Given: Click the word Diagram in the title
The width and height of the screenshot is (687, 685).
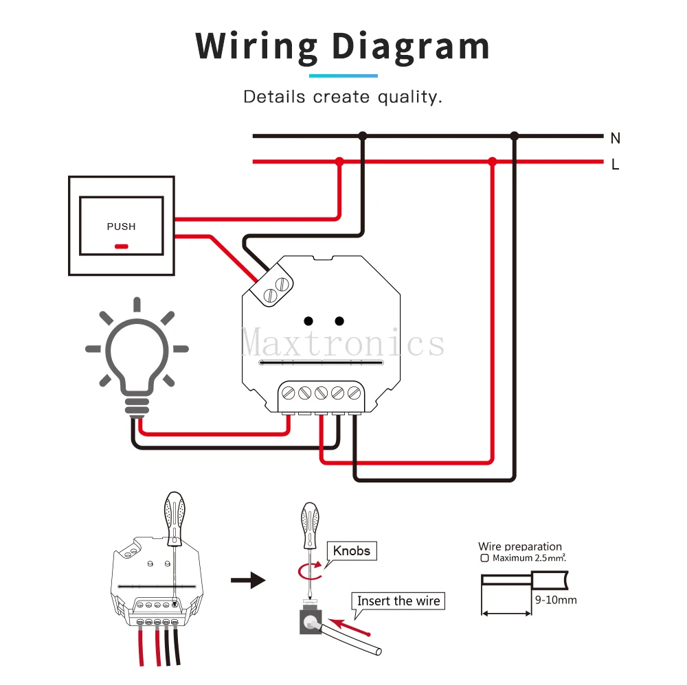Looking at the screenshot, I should pos(411,47).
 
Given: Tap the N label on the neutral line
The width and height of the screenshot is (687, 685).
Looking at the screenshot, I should pos(615,138).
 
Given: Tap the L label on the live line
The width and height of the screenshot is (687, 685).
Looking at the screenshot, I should pos(615,165).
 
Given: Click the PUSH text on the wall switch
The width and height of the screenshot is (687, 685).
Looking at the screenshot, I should pos(121,227).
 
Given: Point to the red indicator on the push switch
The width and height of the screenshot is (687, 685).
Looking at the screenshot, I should pos(121,246).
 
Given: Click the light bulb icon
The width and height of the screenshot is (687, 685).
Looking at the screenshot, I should pos(137,357).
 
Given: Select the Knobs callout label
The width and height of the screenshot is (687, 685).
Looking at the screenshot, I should pos(352,550).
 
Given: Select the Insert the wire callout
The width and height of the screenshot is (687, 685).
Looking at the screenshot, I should pos(398,601).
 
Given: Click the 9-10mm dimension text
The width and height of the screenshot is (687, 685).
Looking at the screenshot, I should pos(555,600).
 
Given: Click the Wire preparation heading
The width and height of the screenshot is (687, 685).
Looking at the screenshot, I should pos(520,546).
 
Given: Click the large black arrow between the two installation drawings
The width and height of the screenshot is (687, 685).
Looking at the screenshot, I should pos(247,581).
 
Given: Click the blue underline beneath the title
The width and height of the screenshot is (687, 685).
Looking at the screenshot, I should pos(343,75).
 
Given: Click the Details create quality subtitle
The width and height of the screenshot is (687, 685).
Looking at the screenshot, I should pos(343,97).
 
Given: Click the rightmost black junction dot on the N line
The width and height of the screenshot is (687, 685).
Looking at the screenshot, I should pos(514,136).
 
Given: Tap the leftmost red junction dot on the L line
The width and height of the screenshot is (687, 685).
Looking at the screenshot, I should pos(339,161).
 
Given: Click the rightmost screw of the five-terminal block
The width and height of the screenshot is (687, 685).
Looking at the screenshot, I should pos(354,393).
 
